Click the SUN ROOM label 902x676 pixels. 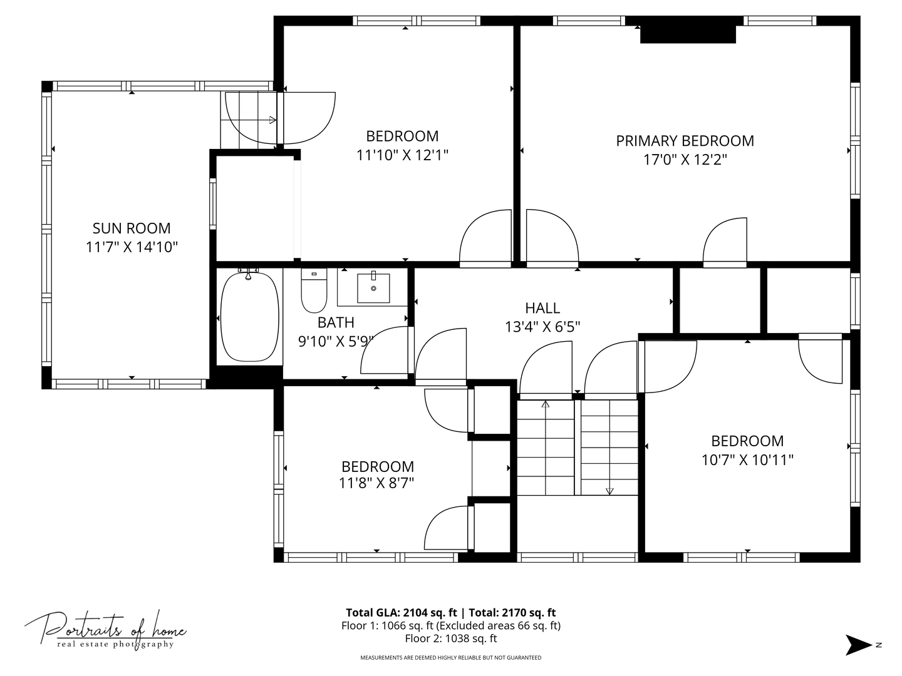(x=132, y=228)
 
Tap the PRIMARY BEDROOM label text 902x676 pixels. (x=685, y=141)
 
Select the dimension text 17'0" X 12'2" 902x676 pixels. (x=685, y=160)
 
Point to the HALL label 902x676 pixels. (x=542, y=308)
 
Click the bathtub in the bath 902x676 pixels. (x=249, y=317)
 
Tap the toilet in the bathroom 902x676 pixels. (x=314, y=290)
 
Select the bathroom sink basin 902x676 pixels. (x=373, y=288)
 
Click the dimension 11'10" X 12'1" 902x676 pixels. (x=402, y=156)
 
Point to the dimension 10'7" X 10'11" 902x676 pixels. (x=747, y=460)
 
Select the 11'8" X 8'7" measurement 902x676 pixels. (x=376, y=483)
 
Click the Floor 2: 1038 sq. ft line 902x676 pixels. (x=451, y=638)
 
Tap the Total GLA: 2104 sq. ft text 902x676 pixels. (x=401, y=612)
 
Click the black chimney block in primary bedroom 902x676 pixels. (x=688, y=34)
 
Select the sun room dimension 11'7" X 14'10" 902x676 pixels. (x=132, y=247)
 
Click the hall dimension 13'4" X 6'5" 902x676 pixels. (x=542, y=327)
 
